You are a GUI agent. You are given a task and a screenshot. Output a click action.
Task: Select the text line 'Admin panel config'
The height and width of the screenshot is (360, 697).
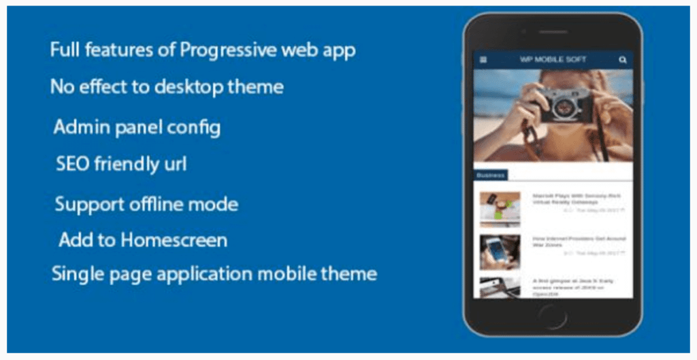tap(137, 127)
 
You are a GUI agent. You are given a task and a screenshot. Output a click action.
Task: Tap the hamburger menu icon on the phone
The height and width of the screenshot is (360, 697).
tap(483, 60)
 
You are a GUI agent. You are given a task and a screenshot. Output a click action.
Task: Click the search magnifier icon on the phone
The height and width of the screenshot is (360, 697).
tap(622, 60)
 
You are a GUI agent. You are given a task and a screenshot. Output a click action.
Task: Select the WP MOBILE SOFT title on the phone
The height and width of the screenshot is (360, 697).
tap(553, 60)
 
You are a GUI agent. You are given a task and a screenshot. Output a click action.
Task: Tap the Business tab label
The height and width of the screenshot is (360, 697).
tap(490, 175)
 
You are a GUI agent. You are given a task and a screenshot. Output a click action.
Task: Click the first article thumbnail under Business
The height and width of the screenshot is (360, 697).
tap(500, 209)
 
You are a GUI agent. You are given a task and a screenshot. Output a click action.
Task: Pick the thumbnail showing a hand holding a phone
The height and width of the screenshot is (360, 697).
tap(500, 252)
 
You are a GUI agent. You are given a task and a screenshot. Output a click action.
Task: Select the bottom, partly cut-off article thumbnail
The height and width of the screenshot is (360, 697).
tap(500, 287)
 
